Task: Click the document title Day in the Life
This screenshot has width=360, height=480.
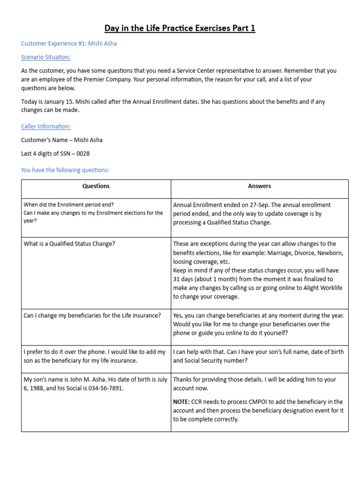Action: (180, 29)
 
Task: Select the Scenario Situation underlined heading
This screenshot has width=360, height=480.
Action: (46, 57)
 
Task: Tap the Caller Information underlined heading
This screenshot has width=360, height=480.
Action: (46, 127)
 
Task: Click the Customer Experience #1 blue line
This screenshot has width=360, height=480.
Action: (69, 44)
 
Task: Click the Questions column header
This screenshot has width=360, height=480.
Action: (96, 186)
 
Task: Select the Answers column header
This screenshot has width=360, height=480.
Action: (259, 186)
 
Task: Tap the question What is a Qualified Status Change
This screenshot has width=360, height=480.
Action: (69, 244)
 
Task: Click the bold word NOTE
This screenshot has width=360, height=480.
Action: (181, 402)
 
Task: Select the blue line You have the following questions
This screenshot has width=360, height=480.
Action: (65, 170)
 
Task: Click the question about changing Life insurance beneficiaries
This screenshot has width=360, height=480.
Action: (92, 315)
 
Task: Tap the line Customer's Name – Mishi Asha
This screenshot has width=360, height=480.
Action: (62, 140)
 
